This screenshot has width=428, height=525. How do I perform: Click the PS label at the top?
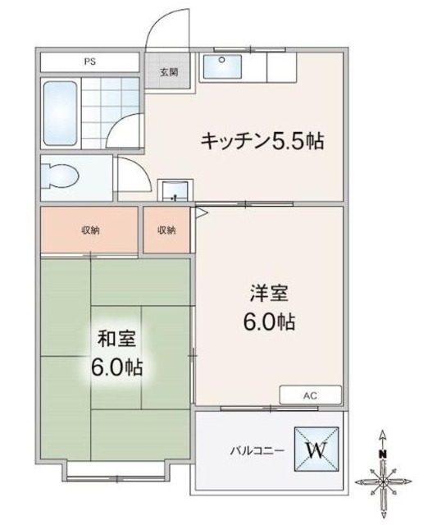click(x=88, y=62)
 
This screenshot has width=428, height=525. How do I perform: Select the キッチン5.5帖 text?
click(x=262, y=141)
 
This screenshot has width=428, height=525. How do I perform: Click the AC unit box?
click(x=310, y=395)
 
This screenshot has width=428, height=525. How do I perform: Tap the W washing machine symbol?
click(x=316, y=450)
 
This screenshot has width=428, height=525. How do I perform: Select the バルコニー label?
click(x=256, y=451)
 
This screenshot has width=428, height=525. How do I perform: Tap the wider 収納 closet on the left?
click(x=89, y=230)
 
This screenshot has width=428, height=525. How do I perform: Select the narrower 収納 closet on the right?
click(x=166, y=230)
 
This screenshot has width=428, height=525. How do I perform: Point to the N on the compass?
click(x=382, y=454)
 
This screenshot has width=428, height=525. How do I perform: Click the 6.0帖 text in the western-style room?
click(x=269, y=322)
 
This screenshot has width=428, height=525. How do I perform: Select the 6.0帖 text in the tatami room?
click(x=116, y=367)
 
